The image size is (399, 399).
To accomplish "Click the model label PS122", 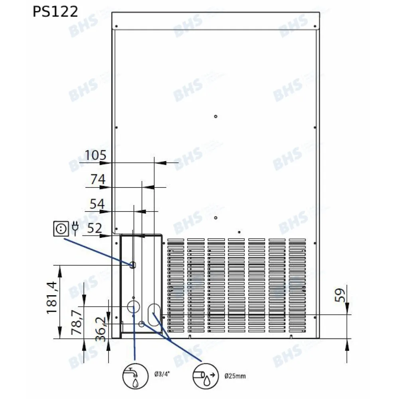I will [55, 12].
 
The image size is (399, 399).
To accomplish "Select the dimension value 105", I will [95, 156].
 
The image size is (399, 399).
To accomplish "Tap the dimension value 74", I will [98, 180].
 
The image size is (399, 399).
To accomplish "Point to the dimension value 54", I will [97, 204].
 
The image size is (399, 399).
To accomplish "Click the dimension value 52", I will [95, 228].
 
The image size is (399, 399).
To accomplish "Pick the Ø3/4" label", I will [162, 375].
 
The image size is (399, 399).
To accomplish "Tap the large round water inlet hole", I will [133, 307].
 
